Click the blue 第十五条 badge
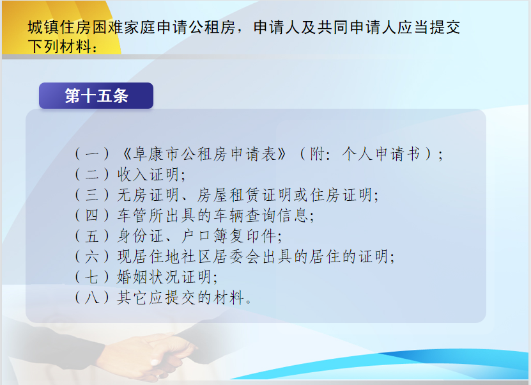96,95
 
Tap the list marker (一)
92,154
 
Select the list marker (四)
92,216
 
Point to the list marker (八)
92,297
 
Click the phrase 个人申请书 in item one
381,154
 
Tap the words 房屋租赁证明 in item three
244,195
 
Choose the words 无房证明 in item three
148,195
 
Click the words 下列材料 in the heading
59,46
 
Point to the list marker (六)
92,256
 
